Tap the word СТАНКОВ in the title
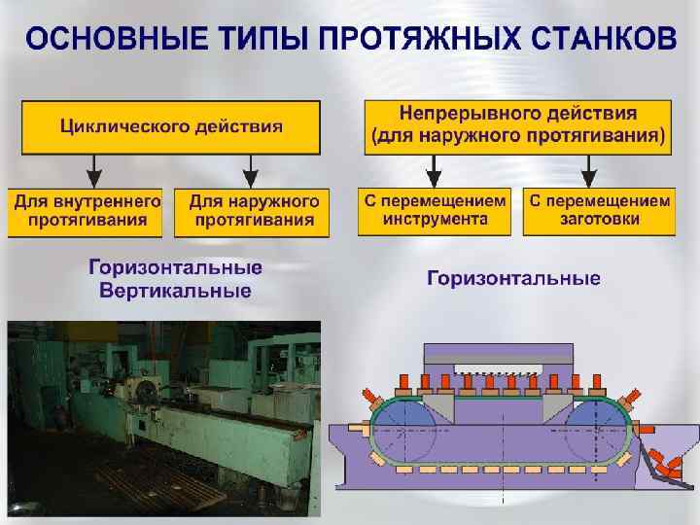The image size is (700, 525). click(x=599, y=40)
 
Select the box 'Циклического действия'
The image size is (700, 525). click(x=171, y=126)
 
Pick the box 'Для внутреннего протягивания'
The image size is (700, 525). click(x=87, y=211)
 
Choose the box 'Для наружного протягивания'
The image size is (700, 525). click(x=252, y=211)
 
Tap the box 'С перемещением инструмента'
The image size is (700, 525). click(x=435, y=210)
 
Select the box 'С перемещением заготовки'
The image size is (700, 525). click(x=599, y=210)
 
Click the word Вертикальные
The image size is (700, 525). click(x=175, y=291)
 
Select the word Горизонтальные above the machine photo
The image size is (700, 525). click(x=175, y=268)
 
